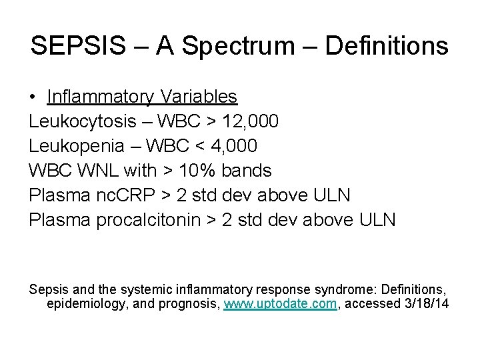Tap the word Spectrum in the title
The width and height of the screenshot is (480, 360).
tap(225, 46)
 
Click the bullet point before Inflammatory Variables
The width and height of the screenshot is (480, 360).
tap(33, 97)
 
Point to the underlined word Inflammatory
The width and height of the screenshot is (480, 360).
tap(100, 97)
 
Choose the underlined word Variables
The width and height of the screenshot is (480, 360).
tap(198, 97)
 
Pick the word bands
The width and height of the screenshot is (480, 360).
tap(248, 171)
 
